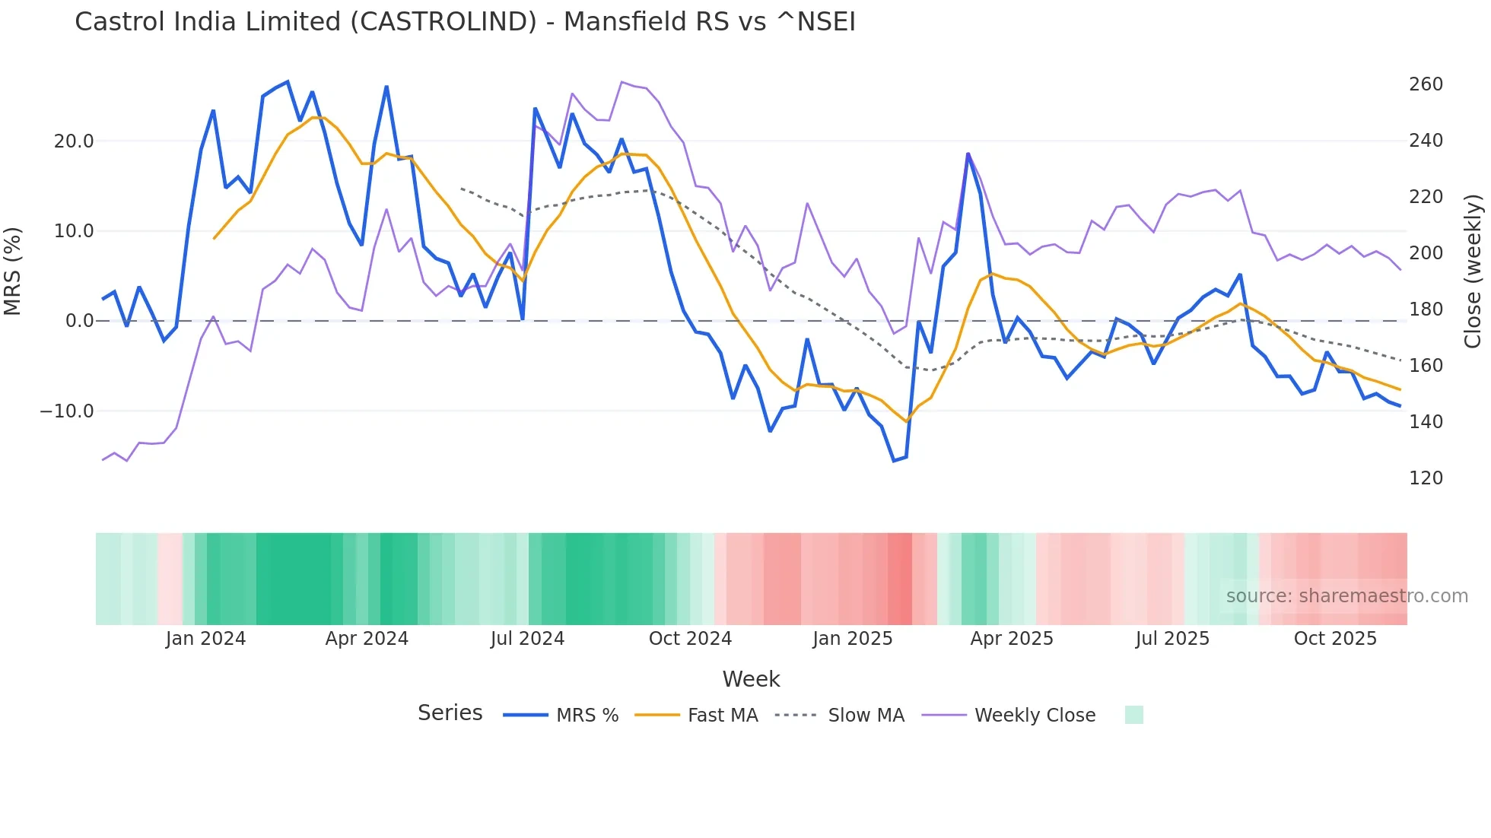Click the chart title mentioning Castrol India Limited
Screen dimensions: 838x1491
[465, 22]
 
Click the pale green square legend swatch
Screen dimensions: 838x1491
[1133, 715]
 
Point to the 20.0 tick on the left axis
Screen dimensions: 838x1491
[74, 141]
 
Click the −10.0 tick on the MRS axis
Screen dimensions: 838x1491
[67, 411]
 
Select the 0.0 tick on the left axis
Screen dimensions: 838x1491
[79, 321]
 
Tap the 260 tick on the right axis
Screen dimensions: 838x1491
[1426, 84]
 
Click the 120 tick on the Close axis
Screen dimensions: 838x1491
[1426, 478]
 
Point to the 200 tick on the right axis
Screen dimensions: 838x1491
[1426, 253]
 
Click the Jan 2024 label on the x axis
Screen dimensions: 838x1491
[205, 639]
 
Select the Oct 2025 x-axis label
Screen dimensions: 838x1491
[1335, 639]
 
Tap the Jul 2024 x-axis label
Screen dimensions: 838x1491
[527, 639]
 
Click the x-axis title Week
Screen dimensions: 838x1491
[751, 679]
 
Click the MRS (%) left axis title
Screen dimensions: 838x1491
[13, 271]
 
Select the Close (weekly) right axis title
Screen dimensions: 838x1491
[1473, 271]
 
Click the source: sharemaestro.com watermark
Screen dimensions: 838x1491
[1346, 596]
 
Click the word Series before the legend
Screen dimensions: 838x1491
[450, 713]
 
